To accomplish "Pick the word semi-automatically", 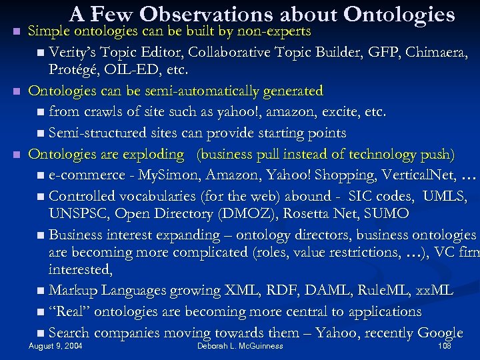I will (178, 90).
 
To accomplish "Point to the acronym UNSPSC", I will (79, 214).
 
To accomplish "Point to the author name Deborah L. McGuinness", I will (240, 347).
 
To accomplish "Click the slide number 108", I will (444, 347).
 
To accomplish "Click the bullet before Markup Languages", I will (42, 291).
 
